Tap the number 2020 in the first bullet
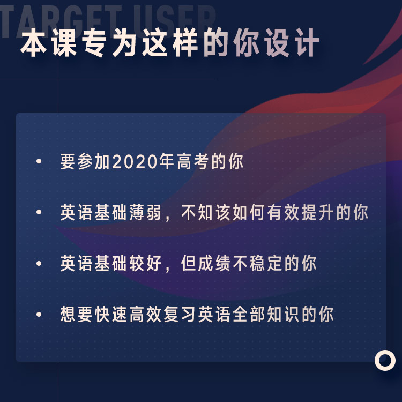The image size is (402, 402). pyautogui.click(x=135, y=161)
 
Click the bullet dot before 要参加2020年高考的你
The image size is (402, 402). pyautogui.click(x=39, y=161)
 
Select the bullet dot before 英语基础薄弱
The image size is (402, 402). pyautogui.click(x=39, y=212)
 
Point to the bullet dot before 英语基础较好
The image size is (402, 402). pyautogui.click(x=39, y=263)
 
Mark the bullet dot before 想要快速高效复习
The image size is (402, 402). pyautogui.click(x=39, y=314)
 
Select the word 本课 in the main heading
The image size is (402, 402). pyautogui.click(x=49, y=42)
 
